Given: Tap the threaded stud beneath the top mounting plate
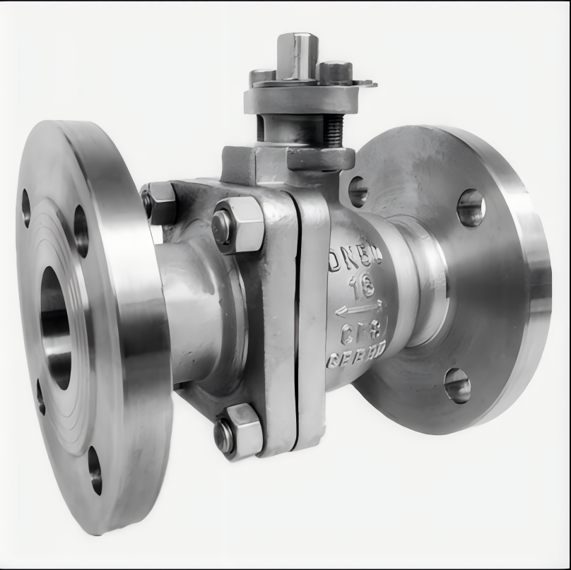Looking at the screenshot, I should tap(333, 131).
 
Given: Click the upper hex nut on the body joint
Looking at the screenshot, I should tap(237, 224).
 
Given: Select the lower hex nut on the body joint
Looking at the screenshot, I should tap(237, 431).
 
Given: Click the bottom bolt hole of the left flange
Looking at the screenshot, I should tap(95, 470).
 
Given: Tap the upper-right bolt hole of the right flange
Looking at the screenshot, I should tap(471, 208).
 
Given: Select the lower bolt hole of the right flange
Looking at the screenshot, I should tap(457, 386).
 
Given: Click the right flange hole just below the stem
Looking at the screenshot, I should tap(358, 191).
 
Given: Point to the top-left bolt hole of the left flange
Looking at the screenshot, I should tap(26, 207).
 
